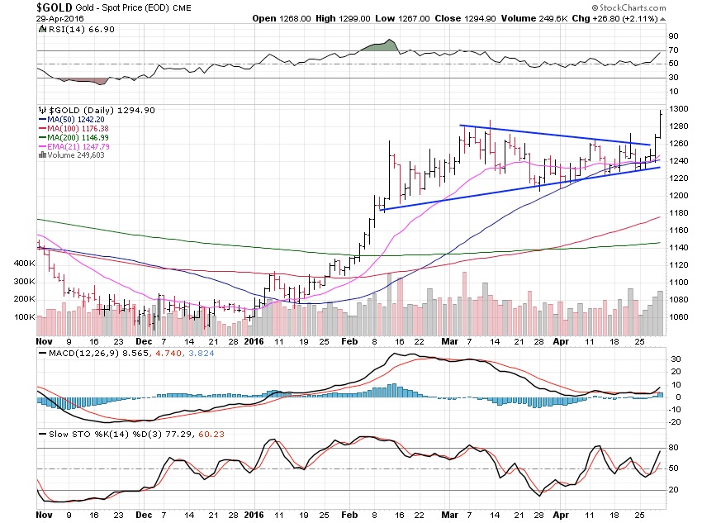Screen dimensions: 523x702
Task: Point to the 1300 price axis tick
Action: [x=678, y=109]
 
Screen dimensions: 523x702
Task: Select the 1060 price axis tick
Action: [x=678, y=316]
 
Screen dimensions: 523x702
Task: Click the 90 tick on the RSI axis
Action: [x=673, y=36]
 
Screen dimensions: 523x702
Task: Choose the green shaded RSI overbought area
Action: [x=381, y=47]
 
